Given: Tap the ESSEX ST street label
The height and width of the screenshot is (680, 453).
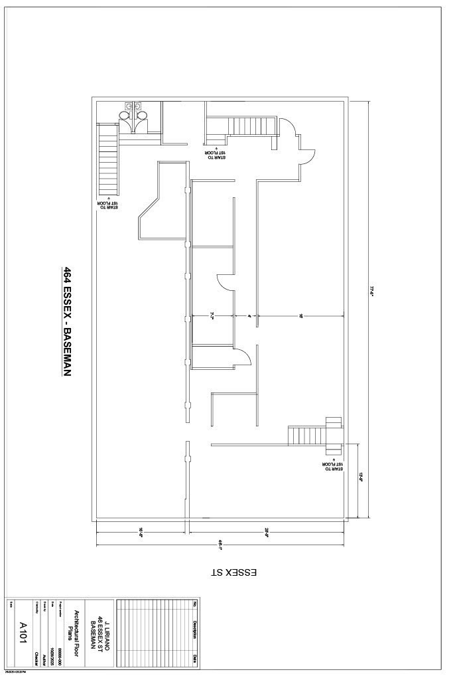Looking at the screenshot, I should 233,572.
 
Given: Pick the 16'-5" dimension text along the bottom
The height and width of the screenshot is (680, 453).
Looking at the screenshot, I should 141,531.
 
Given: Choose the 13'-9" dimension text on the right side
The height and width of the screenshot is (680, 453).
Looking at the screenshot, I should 362,476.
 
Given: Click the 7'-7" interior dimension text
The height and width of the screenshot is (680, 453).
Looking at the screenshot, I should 212,316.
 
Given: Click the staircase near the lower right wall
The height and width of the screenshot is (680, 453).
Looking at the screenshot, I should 306,436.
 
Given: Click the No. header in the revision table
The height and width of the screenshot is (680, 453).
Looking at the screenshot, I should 195,604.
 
